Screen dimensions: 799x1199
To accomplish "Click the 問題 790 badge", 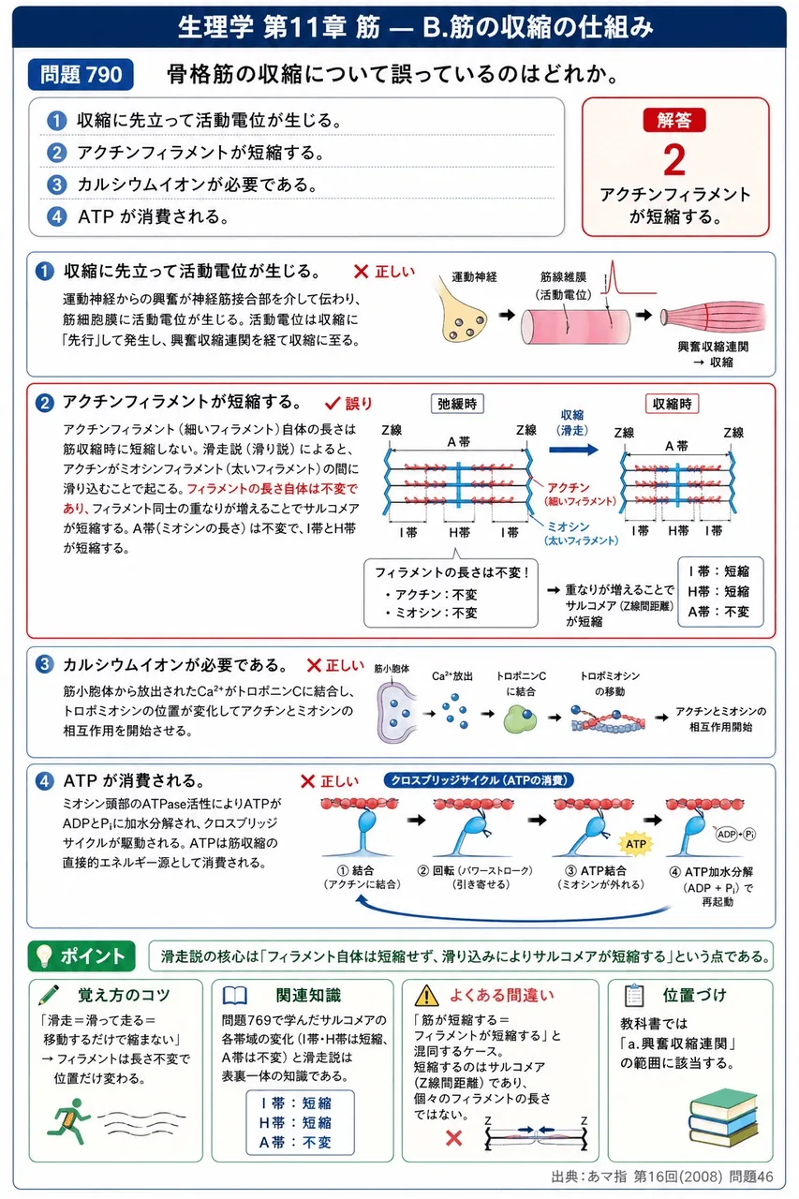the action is click(x=81, y=74).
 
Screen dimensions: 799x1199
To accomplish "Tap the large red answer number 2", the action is click(x=674, y=159).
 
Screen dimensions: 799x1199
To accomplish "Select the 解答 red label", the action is click(x=674, y=120).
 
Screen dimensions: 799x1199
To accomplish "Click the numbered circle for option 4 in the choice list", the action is click(x=57, y=216).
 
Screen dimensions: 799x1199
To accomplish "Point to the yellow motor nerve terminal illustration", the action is click(x=462, y=316).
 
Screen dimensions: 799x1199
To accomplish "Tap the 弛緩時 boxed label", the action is click(x=457, y=404).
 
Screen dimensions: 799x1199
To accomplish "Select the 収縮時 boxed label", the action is click(x=672, y=404).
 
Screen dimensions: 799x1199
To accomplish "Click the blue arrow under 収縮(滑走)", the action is click(x=573, y=449).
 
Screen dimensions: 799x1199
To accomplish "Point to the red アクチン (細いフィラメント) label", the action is click(x=580, y=494).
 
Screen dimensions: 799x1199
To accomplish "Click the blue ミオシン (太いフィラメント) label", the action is click(x=581, y=533).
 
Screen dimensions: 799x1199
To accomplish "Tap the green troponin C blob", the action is click(x=520, y=718).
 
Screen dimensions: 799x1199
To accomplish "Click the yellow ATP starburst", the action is click(x=635, y=844).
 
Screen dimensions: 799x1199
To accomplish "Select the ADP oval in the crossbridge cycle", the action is click(x=727, y=834).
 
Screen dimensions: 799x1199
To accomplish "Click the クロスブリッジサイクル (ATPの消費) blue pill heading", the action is click(x=479, y=780).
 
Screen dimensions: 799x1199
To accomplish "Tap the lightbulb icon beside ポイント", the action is click(x=43, y=955).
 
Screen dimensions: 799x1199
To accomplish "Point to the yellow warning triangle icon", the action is click(x=426, y=995).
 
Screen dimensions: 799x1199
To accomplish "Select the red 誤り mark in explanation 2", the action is click(x=348, y=403).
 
